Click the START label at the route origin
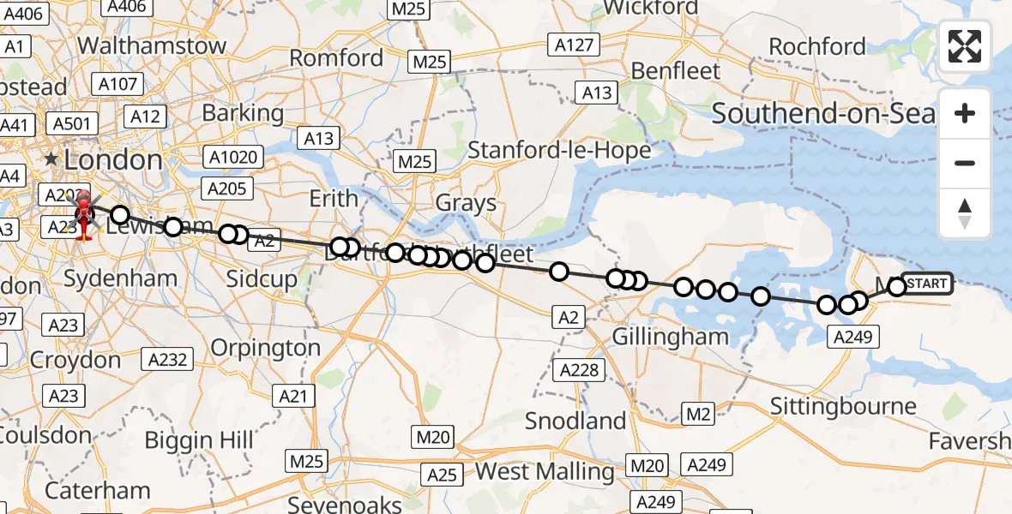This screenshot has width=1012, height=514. coord(926,284)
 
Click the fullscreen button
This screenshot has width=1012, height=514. coord(965,45)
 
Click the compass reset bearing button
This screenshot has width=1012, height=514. coord(965,213)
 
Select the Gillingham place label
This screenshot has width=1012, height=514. coord(671,337)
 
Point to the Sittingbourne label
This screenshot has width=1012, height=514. coord(843,405)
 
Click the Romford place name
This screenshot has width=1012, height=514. coord(336,58)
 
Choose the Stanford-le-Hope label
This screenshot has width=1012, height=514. coord(559,150)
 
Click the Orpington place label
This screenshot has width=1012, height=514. coord(265,348)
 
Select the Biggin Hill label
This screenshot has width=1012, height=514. coord(199,440)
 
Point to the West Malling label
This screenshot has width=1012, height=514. coord(545,471)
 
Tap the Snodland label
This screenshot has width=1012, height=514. coord(575,421)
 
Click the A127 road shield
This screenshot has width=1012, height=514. coord(574,45)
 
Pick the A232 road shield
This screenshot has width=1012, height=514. coord(167,360)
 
